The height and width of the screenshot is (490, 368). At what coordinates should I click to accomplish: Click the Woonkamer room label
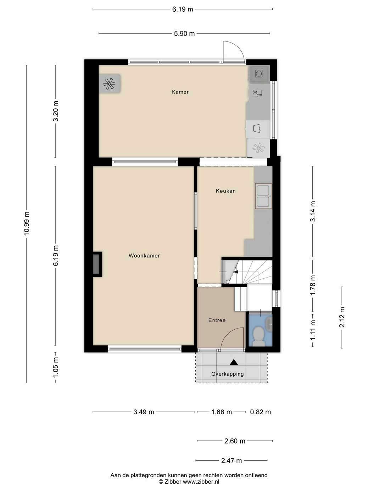click(x=144, y=256)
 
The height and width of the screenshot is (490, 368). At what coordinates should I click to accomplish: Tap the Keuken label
click(x=226, y=191)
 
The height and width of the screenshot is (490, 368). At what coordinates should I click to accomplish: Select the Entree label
click(x=217, y=320)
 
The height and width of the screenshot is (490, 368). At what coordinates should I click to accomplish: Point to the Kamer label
click(x=180, y=92)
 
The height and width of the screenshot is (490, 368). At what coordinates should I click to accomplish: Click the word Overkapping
click(x=228, y=374)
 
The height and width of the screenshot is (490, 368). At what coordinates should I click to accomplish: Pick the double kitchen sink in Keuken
click(x=263, y=196)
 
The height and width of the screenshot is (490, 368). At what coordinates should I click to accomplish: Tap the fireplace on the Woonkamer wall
click(x=97, y=264)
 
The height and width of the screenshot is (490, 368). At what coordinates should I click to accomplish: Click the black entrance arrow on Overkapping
click(x=234, y=362)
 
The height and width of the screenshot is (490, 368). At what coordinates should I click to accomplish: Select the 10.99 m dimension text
click(x=27, y=223)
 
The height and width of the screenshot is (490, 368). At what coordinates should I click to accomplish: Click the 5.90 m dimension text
click(x=184, y=34)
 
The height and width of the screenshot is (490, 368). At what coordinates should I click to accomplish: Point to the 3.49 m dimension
click(x=144, y=412)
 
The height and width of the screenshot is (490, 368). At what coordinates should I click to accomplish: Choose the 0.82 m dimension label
click(x=260, y=412)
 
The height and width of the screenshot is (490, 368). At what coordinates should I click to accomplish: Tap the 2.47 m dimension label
click(x=232, y=461)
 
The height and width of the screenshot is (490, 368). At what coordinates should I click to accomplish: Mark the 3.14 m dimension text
click(x=313, y=211)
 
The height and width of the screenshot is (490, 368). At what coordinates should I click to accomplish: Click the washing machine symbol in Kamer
click(x=259, y=73)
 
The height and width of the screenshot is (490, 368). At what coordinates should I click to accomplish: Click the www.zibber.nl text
click(x=201, y=482)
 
